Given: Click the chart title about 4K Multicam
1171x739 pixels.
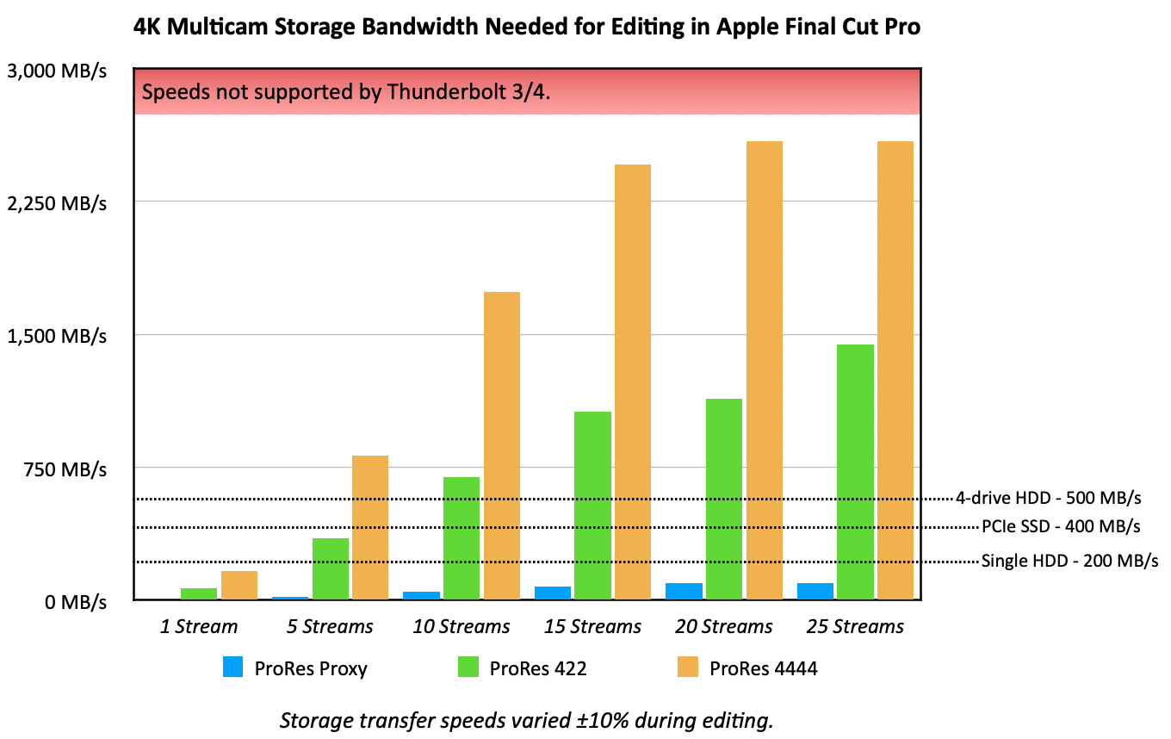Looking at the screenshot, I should [x=527, y=28].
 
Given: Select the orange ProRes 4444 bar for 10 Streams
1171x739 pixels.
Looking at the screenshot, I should [x=501, y=445].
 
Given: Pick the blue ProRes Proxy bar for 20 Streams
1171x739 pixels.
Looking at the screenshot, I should [x=684, y=591].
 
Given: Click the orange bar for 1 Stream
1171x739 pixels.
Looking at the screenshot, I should [x=239, y=585].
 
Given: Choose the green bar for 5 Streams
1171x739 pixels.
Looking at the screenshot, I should [x=331, y=568].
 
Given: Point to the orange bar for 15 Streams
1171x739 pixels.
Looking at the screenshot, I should [x=632, y=382].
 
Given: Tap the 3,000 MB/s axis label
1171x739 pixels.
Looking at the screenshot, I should [x=57, y=71].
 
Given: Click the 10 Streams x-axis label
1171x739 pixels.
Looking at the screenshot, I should [x=461, y=626].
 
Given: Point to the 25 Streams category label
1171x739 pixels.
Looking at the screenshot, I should [x=855, y=626].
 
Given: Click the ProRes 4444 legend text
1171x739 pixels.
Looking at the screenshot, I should [x=763, y=668].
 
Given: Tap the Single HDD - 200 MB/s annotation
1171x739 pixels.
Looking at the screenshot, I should [x=1069, y=562].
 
